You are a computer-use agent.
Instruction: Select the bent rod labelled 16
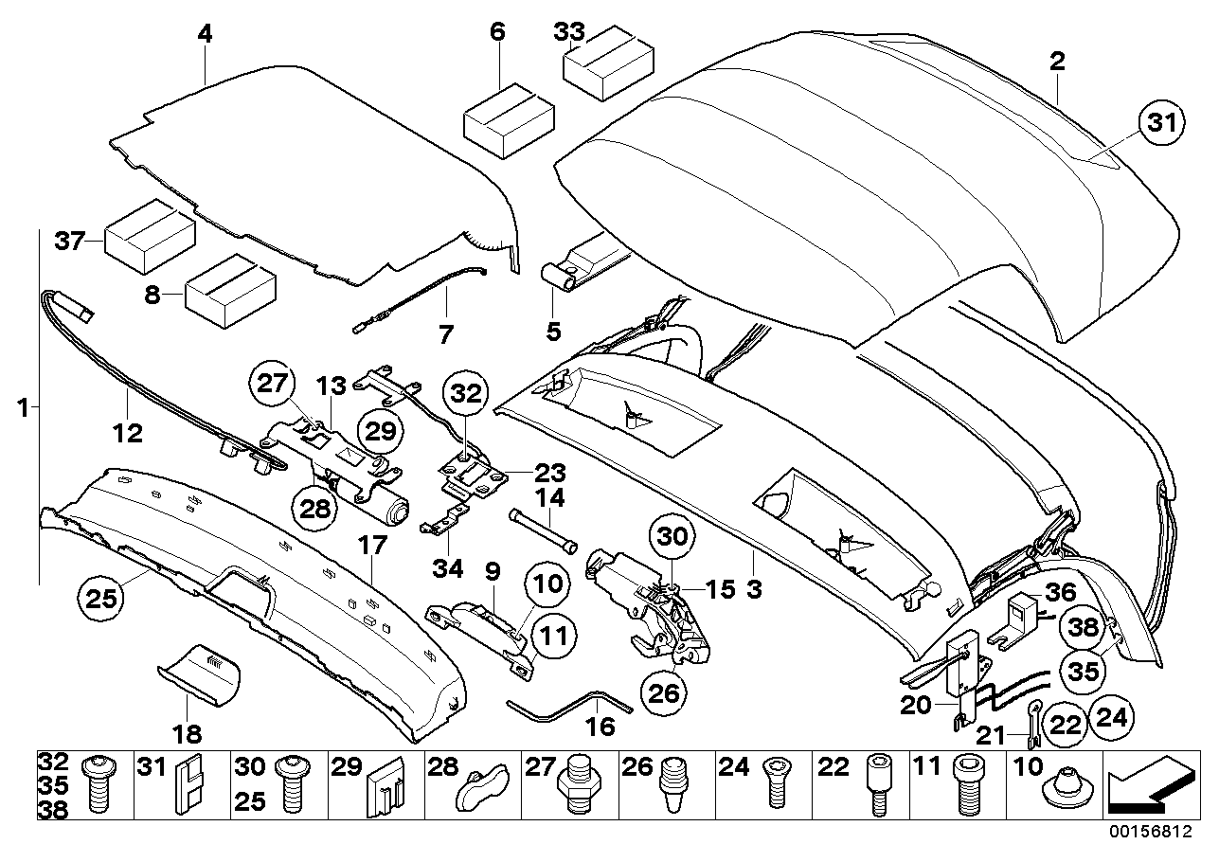[568, 702]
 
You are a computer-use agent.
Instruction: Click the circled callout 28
[315, 507]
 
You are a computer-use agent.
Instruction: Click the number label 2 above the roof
[1057, 62]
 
